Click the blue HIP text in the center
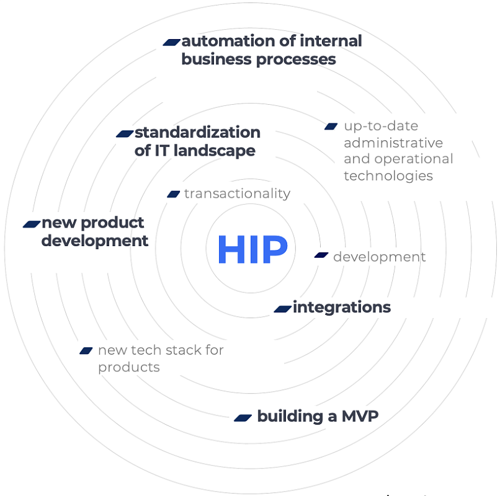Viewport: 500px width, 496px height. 253,249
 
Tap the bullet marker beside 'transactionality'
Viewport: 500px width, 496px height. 174,194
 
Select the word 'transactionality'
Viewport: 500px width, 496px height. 237,193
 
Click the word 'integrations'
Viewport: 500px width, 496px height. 342,308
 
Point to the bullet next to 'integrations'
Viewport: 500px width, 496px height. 283,309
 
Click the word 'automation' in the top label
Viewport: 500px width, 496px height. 228,41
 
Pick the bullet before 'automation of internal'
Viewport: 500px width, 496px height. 172,42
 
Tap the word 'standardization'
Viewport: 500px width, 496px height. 197,132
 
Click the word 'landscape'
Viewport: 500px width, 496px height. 214,151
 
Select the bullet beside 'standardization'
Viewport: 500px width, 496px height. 125,133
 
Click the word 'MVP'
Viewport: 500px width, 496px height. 360,416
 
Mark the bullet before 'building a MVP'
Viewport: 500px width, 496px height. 243,418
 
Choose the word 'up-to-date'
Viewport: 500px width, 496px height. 381,126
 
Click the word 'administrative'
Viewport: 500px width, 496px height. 393,143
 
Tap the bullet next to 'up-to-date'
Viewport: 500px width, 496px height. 331,126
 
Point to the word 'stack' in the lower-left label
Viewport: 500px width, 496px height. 184,350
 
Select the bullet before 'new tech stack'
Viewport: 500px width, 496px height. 86,351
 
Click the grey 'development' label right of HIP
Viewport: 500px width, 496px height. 380,257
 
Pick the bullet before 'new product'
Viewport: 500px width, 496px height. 32,224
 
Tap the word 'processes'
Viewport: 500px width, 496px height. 296,60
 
